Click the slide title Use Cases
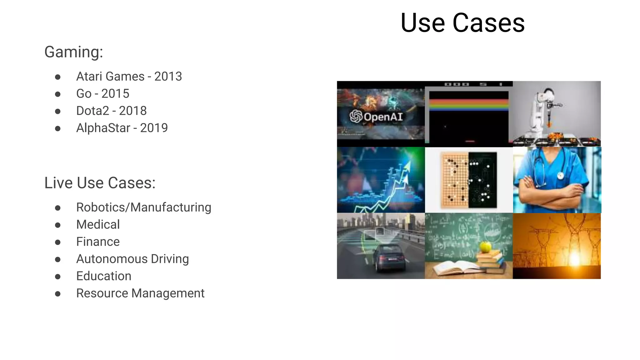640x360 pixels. click(x=462, y=23)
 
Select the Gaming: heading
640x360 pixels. click(x=74, y=52)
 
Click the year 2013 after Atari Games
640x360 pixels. click(x=168, y=77)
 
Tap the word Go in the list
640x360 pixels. click(x=84, y=94)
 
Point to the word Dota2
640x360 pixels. click(x=92, y=111)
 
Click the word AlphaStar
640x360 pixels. click(x=103, y=128)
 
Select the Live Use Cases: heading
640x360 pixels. click(x=100, y=183)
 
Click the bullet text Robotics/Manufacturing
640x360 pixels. click(x=144, y=207)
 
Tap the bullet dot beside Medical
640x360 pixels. click(x=58, y=225)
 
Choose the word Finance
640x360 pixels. click(x=98, y=242)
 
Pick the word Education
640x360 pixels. click(x=104, y=276)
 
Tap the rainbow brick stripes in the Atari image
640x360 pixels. click(x=469, y=105)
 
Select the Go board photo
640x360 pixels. click(x=469, y=180)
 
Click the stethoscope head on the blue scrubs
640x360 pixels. click(x=560, y=176)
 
